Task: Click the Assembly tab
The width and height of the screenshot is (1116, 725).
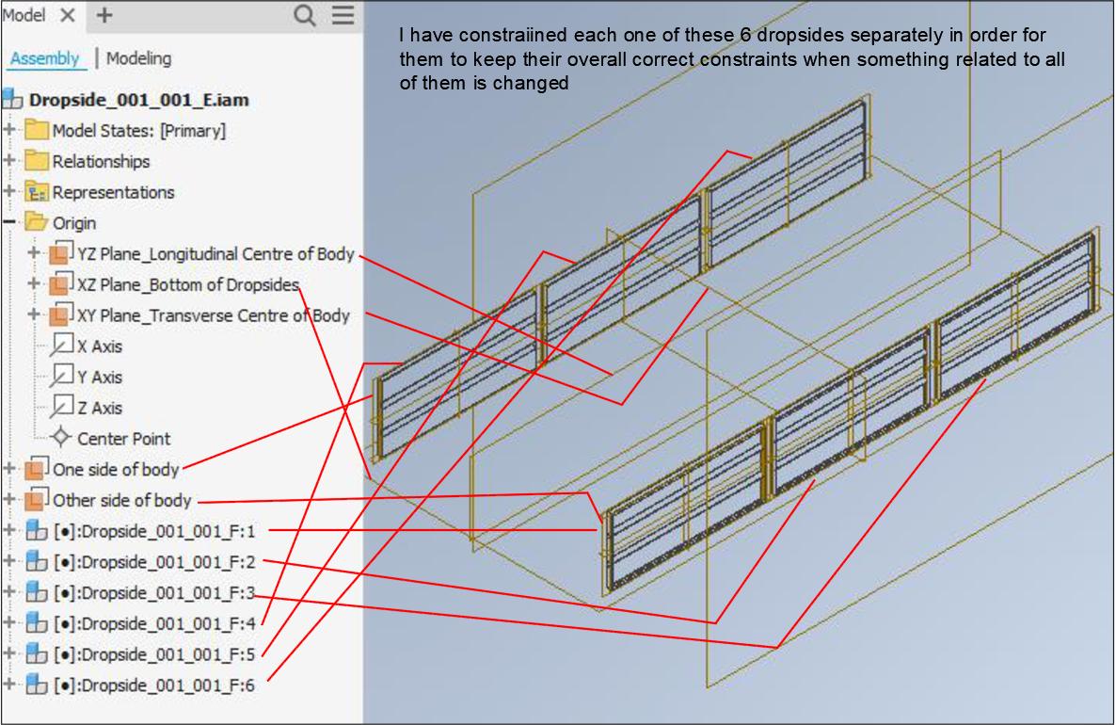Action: (x=44, y=58)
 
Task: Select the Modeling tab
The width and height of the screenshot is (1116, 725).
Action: (x=138, y=58)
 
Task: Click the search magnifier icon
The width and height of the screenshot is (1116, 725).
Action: (x=305, y=15)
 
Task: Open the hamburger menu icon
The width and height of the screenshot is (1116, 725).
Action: (x=342, y=15)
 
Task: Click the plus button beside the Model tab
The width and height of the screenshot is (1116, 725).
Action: (x=104, y=15)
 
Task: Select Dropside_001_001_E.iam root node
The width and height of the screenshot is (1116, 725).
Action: (x=138, y=99)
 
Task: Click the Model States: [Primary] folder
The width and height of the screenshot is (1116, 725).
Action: (x=138, y=131)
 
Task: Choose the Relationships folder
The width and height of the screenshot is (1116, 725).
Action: (x=101, y=162)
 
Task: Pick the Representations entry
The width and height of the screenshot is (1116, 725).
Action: (x=113, y=192)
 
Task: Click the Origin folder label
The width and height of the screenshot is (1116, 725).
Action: (x=73, y=223)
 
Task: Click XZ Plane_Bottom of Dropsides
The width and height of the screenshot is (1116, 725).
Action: (x=188, y=284)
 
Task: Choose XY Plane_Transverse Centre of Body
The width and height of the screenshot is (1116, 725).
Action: (x=213, y=315)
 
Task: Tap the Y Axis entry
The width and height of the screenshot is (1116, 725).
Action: (x=99, y=377)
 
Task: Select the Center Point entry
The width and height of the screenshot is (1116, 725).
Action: (x=123, y=439)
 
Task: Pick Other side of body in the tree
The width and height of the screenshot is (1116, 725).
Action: (x=121, y=500)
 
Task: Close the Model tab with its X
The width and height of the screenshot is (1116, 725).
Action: (x=68, y=15)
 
